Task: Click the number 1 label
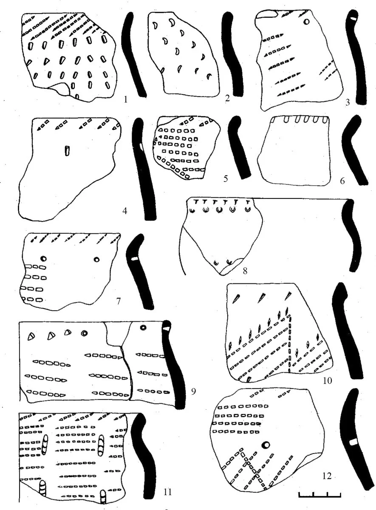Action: tap(125, 99)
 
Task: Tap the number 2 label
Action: tap(227, 99)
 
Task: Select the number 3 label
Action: tap(348, 102)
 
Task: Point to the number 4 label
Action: tap(124, 211)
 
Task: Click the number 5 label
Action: tap(226, 179)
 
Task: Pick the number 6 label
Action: tap(342, 181)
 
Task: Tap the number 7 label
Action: tap(118, 301)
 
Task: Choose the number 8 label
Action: tap(245, 271)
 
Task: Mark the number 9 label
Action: tap(193, 391)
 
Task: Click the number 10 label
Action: tap(327, 380)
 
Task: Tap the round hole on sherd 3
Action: tap(307, 22)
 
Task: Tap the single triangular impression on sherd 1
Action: tap(47, 60)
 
